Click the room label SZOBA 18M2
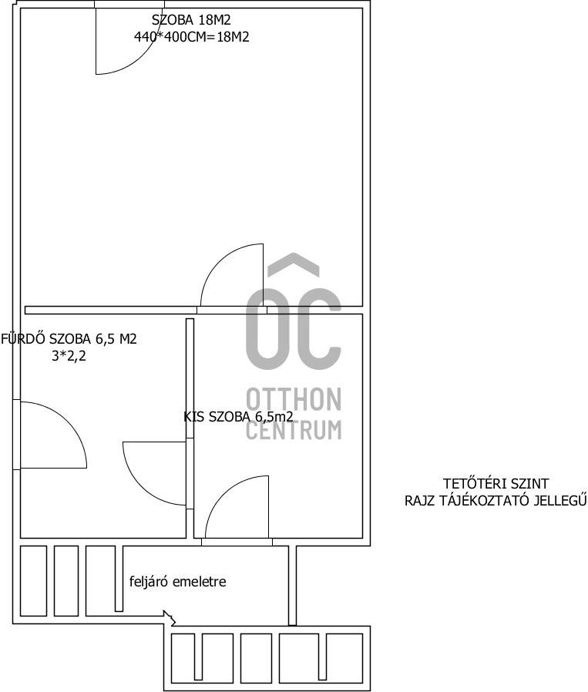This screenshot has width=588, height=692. (191, 20)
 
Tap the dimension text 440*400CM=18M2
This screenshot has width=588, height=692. (192, 37)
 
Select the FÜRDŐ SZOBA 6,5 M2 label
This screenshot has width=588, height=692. (69, 339)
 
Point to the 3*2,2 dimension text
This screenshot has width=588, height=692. (69, 356)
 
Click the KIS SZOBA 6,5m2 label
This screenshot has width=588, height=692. (238, 417)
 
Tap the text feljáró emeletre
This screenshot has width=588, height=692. (177, 582)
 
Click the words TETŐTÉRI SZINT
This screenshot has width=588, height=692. (496, 484)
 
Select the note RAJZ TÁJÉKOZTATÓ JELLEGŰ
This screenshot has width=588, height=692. (496, 501)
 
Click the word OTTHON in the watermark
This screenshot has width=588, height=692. (294, 399)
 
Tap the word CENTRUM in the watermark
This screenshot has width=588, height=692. (294, 429)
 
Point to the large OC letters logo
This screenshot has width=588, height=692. (294, 329)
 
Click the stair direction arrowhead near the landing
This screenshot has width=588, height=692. (169, 617)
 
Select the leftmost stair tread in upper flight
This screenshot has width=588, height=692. (34, 581)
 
